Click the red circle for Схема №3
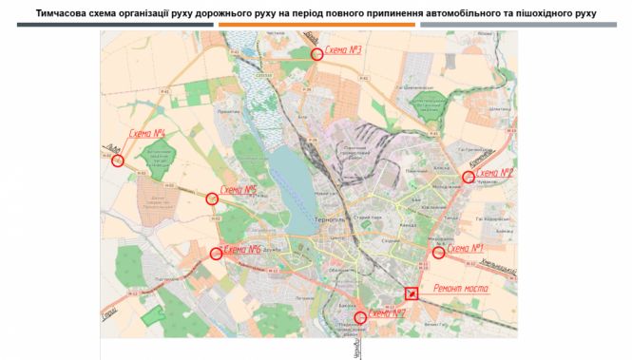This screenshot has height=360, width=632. coord(317,55)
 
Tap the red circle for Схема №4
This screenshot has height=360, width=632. coord(118,161)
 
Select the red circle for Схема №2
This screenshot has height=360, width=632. coord(468,177)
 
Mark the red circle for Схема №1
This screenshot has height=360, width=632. coord(438,253)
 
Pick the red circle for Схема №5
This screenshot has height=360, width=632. coord(212,199)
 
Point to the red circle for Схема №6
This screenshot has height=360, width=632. coord(216,254)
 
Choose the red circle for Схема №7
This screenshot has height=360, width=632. coord(359,317)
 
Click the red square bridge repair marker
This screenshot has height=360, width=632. coord(412,294)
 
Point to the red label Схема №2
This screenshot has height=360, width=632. coord(493,173)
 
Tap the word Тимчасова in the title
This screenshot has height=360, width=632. coord(64,14)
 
